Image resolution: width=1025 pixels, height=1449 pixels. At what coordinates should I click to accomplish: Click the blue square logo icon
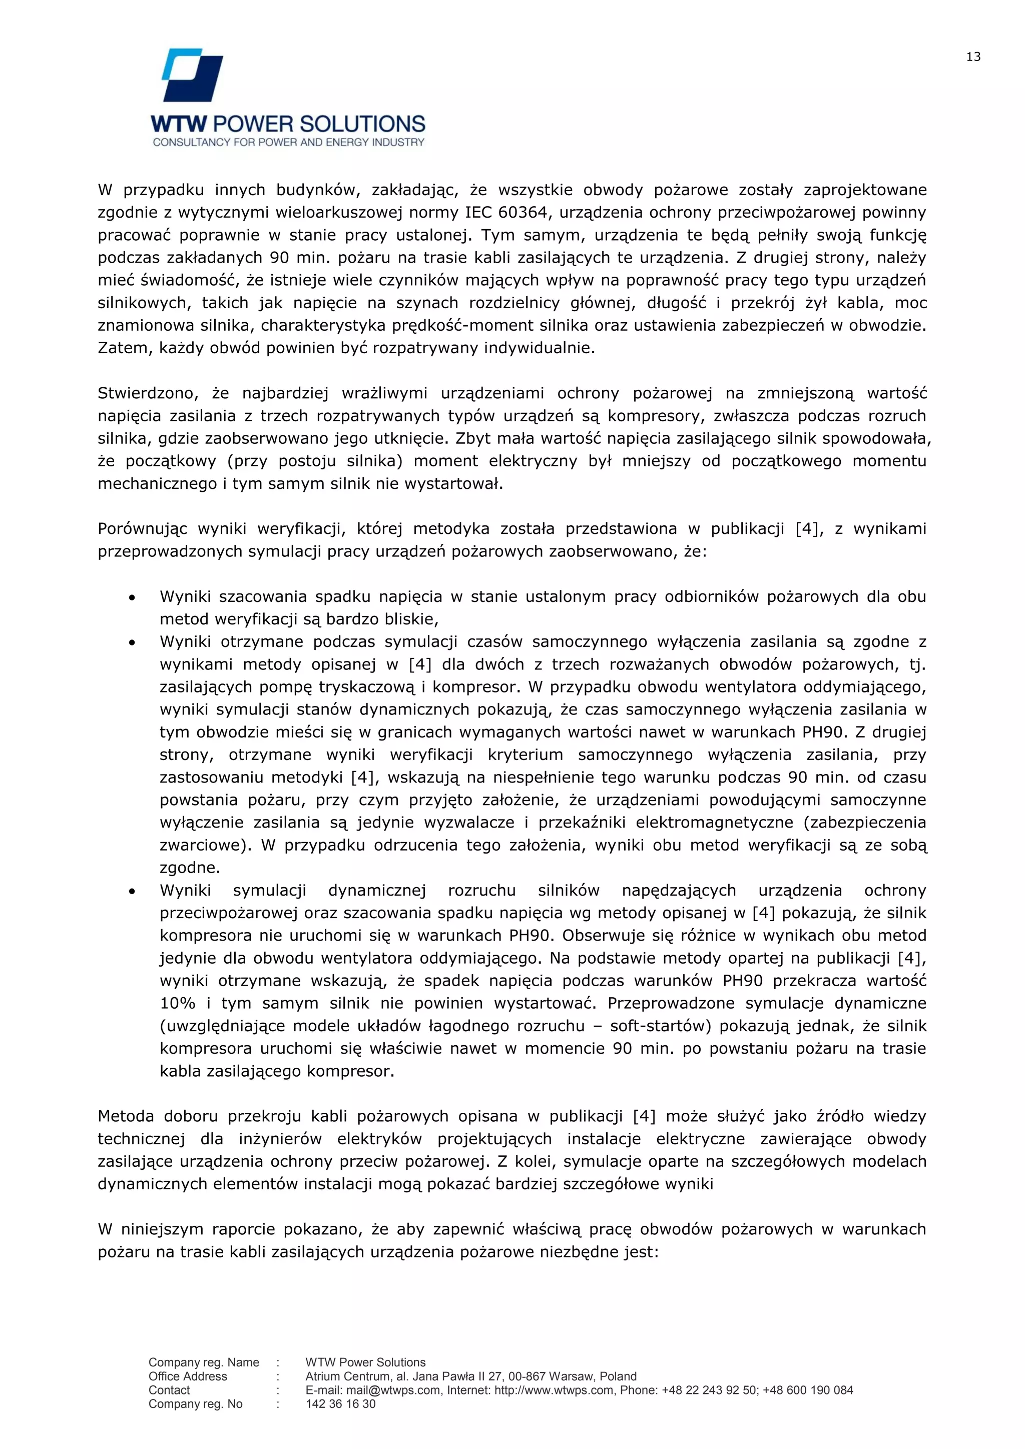tap(193, 75)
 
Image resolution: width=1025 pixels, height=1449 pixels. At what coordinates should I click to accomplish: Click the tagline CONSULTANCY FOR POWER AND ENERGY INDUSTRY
tap(288, 143)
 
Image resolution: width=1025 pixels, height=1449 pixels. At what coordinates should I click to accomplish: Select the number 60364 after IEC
tap(522, 213)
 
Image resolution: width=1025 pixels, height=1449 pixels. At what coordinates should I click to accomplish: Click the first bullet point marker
tap(132, 597)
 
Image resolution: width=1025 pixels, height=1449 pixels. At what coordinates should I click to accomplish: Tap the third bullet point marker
tap(132, 891)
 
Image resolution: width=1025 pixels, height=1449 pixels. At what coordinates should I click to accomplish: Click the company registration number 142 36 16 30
tap(340, 1404)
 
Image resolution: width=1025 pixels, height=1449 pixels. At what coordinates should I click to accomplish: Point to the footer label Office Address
tap(188, 1376)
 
